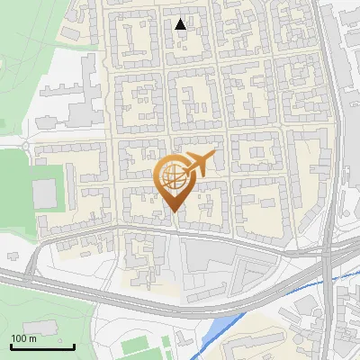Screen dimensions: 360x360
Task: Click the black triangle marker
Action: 181,24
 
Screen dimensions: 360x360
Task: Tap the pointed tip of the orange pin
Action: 173,212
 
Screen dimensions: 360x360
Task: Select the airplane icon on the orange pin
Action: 199,163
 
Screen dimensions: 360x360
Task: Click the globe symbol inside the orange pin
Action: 173,178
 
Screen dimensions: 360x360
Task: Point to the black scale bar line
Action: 42,346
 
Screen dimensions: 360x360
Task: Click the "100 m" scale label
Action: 23,338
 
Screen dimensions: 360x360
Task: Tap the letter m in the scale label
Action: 32,338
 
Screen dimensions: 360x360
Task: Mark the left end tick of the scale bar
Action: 11,345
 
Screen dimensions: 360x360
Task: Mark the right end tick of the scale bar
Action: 75,345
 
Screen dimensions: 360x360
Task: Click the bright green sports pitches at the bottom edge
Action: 144,346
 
